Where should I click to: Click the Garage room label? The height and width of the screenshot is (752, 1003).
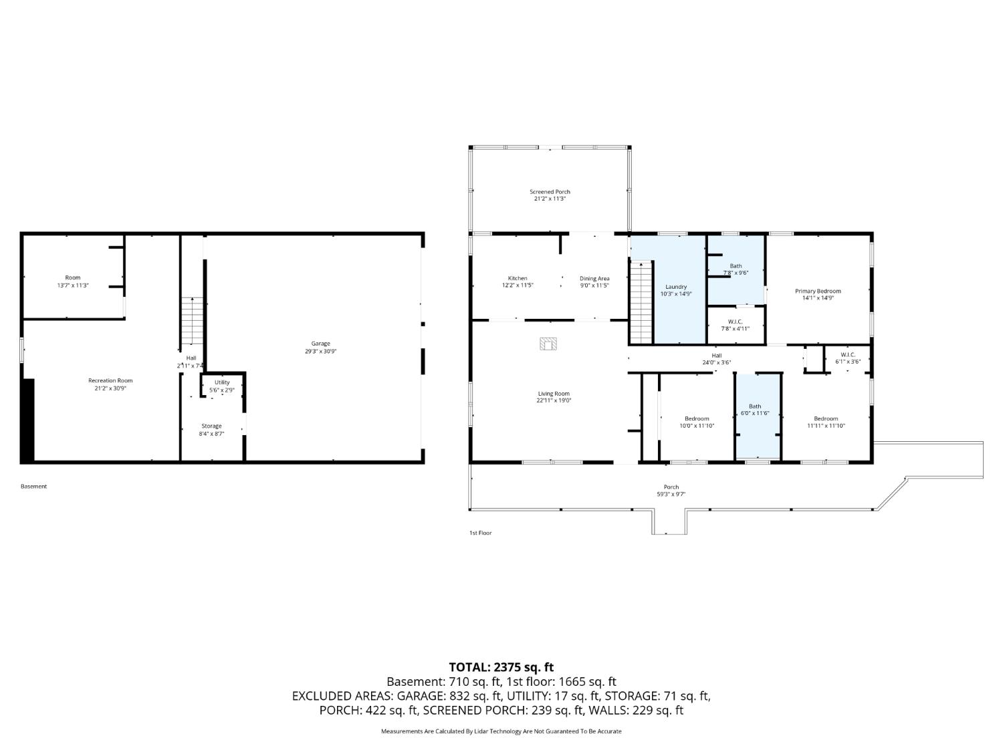click(x=320, y=344)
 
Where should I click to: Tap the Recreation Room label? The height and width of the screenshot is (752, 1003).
click(x=110, y=380)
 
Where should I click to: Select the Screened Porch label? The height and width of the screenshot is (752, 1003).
click(x=550, y=192)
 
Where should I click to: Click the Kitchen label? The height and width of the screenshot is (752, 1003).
click(x=517, y=278)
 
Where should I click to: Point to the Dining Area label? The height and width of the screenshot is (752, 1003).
click(x=594, y=278)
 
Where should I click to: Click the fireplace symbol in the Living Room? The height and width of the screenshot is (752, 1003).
click(x=548, y=344)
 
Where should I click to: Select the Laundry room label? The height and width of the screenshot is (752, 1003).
click(x=675, y=287)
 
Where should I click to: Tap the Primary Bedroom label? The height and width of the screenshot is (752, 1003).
click(x=817, y=291)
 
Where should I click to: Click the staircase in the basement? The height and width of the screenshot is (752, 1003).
click(x=193, y=321)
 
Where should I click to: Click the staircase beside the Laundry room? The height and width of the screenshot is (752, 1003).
click(x=641, y=301)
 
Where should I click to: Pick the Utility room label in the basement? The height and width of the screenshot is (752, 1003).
click(x=222, y=382)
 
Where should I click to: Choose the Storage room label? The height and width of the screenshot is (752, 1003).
click(x=211, y=426)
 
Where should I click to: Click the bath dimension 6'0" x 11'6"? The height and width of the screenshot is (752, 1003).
click(x=754, y=414)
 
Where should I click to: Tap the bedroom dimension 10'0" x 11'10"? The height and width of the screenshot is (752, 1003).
click(x=697, y=426)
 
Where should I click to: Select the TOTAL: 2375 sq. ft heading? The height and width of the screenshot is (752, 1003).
click(x=501, y=667)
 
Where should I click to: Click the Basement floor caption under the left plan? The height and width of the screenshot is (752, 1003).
click(x=34, y=487)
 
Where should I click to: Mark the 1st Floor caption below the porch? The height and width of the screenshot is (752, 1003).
click(x=480, y=533)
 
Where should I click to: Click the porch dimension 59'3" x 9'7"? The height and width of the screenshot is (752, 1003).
click(x=671, y=495)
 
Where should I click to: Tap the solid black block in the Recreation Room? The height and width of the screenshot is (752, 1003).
click(x=27, y=420)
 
